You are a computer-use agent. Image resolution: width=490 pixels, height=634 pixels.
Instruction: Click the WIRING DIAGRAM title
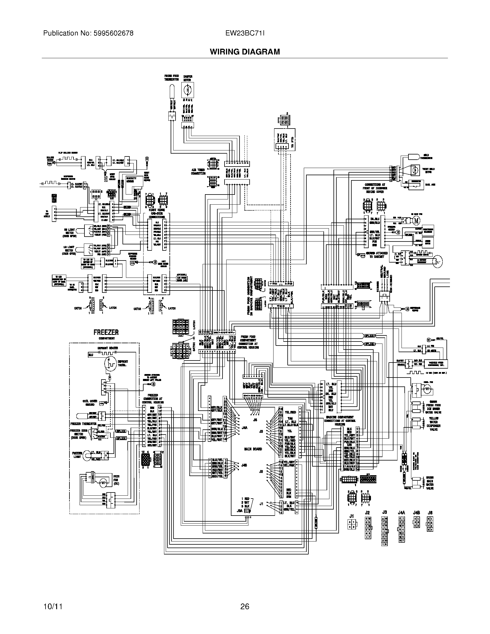point(245,52)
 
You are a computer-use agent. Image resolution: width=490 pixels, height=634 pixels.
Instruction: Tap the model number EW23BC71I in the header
point(245,33)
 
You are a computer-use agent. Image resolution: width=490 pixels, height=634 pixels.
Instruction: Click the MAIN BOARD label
point(253,449)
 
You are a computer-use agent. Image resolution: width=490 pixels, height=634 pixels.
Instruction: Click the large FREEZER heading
point(106,332)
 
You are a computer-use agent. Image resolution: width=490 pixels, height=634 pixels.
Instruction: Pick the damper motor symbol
point(188,90)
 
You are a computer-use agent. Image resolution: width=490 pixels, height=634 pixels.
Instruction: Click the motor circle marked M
point(416,220)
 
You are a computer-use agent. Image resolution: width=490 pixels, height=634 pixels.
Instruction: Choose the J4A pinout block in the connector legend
point(402,530)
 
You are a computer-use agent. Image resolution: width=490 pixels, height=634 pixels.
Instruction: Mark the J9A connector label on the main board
point(240,510)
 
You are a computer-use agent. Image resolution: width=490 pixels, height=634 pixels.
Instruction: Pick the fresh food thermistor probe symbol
point(171,88)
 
